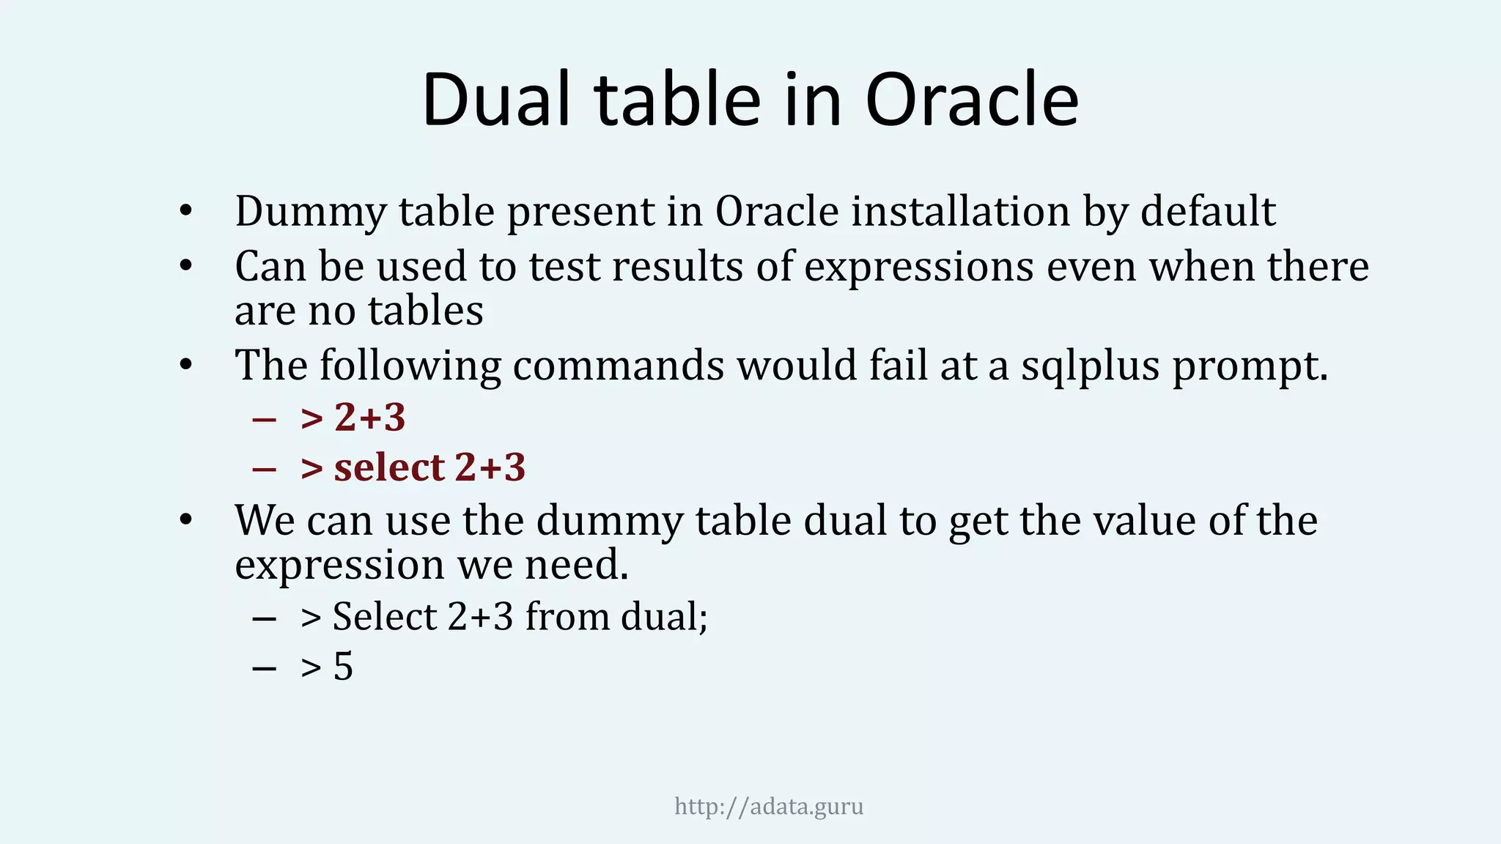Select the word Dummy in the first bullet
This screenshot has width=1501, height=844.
[x=311, y=212]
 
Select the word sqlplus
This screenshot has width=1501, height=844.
[x=1091, y=366]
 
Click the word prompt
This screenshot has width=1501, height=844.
[x=1250, y=366]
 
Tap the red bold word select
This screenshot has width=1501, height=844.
[x=389, y=467]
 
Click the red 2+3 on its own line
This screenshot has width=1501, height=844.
[x=369, y=418]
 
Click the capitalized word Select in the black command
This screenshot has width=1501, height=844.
[x=385, y=616]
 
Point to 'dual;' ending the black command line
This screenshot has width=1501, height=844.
[x=664, y=616]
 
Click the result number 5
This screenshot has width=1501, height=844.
[x=343, y=667]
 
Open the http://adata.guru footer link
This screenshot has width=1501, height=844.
[x=769, y=807]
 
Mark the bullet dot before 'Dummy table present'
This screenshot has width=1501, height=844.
[x=185, y=212]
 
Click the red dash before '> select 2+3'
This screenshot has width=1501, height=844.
[x=263, y=468]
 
